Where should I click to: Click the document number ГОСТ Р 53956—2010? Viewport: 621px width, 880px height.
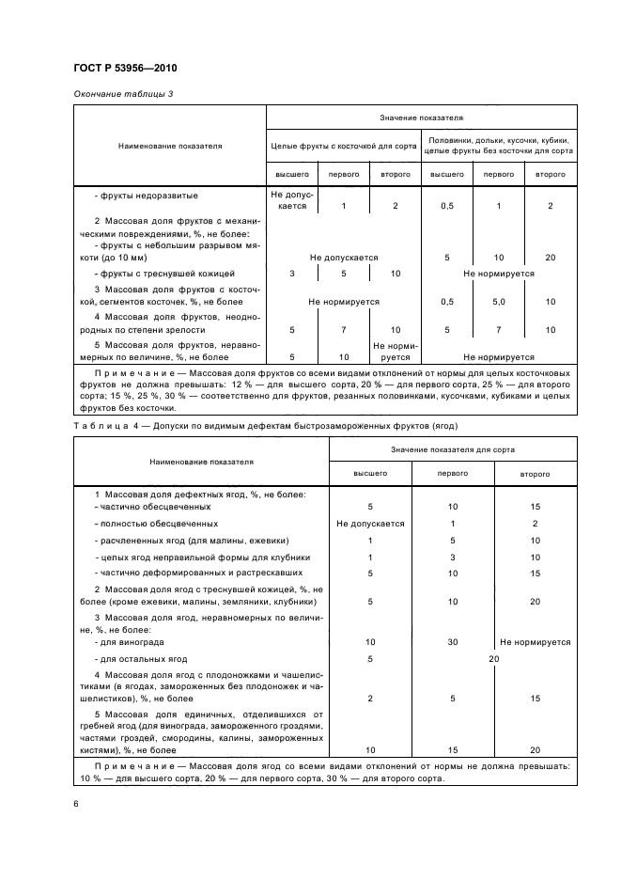coord(124,69)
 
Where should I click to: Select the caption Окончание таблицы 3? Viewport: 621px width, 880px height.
coord(122,94)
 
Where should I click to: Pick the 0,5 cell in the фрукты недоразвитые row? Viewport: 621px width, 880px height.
coord(446,205)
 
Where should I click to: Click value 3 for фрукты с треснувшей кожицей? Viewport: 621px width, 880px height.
coord(292,274)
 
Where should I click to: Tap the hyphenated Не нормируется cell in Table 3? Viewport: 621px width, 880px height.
coord(396,352)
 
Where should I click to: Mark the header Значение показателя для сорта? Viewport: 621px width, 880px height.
coord(453,450)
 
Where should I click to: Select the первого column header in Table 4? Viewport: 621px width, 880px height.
coord(453,473)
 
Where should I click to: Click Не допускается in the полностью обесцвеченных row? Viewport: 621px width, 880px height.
coord(370,523)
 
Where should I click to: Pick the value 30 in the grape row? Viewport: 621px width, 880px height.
coord(453,642)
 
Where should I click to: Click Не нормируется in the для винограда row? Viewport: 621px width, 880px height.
coord(536,642)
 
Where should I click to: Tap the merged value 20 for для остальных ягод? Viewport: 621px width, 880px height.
coord(493,659)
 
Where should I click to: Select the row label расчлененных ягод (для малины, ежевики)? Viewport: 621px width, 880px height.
coord(192,541)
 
